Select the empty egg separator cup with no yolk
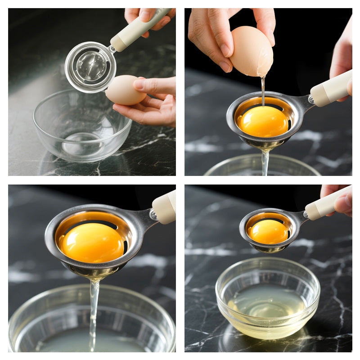90,67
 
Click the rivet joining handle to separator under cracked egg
310,99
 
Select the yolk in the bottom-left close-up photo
93,243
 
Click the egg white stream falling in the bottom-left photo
94,310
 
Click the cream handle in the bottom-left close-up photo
165,207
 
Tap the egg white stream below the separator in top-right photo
265,162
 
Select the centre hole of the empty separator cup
91,67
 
